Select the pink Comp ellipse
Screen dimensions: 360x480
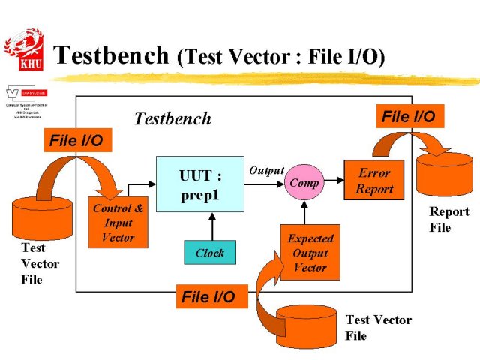pos(303,183)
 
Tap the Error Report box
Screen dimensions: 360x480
pos(373,181)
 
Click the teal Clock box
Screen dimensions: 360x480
pos(210,253)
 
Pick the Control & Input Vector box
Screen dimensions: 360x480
pos(118,223)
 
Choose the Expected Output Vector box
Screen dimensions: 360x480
pos(310,253)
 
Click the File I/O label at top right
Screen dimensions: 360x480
pos(408,116)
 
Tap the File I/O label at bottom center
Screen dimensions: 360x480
pos(208,296)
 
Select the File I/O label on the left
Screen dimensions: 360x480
pos(76,139)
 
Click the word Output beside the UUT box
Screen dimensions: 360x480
pos(266,171)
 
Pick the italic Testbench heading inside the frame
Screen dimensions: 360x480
pos(172,118)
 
